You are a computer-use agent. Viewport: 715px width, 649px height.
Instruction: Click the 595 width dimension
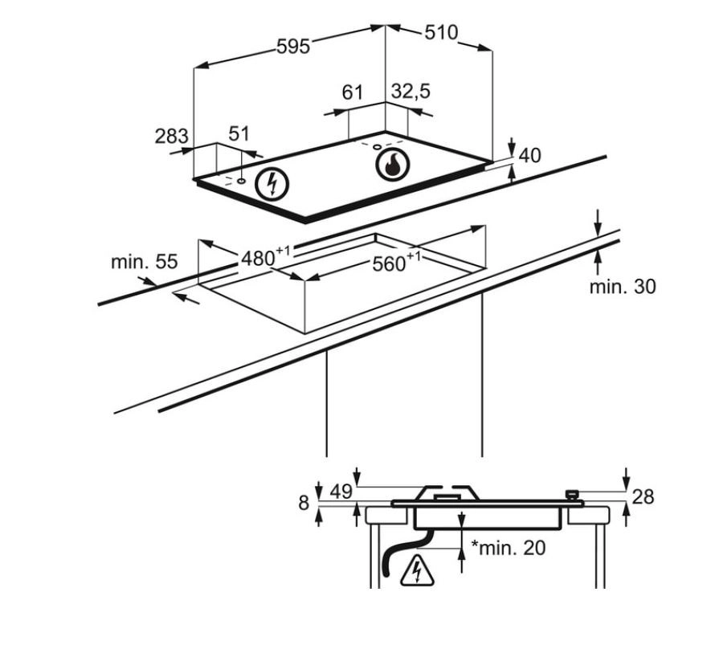coord(293,47)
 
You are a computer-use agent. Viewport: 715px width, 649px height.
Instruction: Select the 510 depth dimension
coord(440,33)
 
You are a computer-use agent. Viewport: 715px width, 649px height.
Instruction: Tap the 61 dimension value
coord(353,92)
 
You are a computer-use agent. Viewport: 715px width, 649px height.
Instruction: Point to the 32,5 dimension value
coord(411,92)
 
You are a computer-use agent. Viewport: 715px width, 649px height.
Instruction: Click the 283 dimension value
coord(171,136)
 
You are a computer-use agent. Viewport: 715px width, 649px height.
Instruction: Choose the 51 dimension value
coord(239,133)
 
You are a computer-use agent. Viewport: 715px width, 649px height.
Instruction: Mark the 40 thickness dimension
coord(530,155)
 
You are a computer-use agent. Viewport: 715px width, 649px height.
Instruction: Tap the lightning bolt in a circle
coord(271,185)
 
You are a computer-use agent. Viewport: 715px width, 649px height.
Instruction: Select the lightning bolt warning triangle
coord(417,569)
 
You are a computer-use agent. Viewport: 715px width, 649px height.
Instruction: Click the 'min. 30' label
coord(623,286)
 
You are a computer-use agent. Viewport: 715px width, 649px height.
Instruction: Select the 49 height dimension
coord(341,491)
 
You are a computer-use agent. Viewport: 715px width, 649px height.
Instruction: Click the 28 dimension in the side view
coord(643,496)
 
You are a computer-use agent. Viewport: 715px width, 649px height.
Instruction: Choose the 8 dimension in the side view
coord(304,503)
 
